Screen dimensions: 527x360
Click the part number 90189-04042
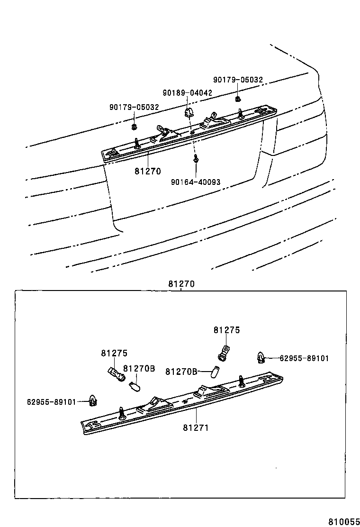187,93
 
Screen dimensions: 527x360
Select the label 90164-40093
195,182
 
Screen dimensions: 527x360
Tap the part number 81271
196,427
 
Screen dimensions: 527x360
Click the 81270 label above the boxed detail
181,284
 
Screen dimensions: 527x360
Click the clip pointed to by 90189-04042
188,113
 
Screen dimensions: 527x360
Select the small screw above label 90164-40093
195,160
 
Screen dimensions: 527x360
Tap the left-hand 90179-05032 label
134,108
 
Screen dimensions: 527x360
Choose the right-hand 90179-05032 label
238,80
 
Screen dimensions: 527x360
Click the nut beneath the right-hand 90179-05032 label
237,99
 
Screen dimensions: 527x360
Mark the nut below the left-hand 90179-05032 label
134,127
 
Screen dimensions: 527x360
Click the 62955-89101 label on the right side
304,358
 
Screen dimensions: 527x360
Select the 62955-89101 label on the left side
51,402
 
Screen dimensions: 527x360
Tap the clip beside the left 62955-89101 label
94,401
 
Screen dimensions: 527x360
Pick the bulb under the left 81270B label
135,386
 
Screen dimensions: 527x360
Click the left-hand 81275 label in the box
114,354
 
